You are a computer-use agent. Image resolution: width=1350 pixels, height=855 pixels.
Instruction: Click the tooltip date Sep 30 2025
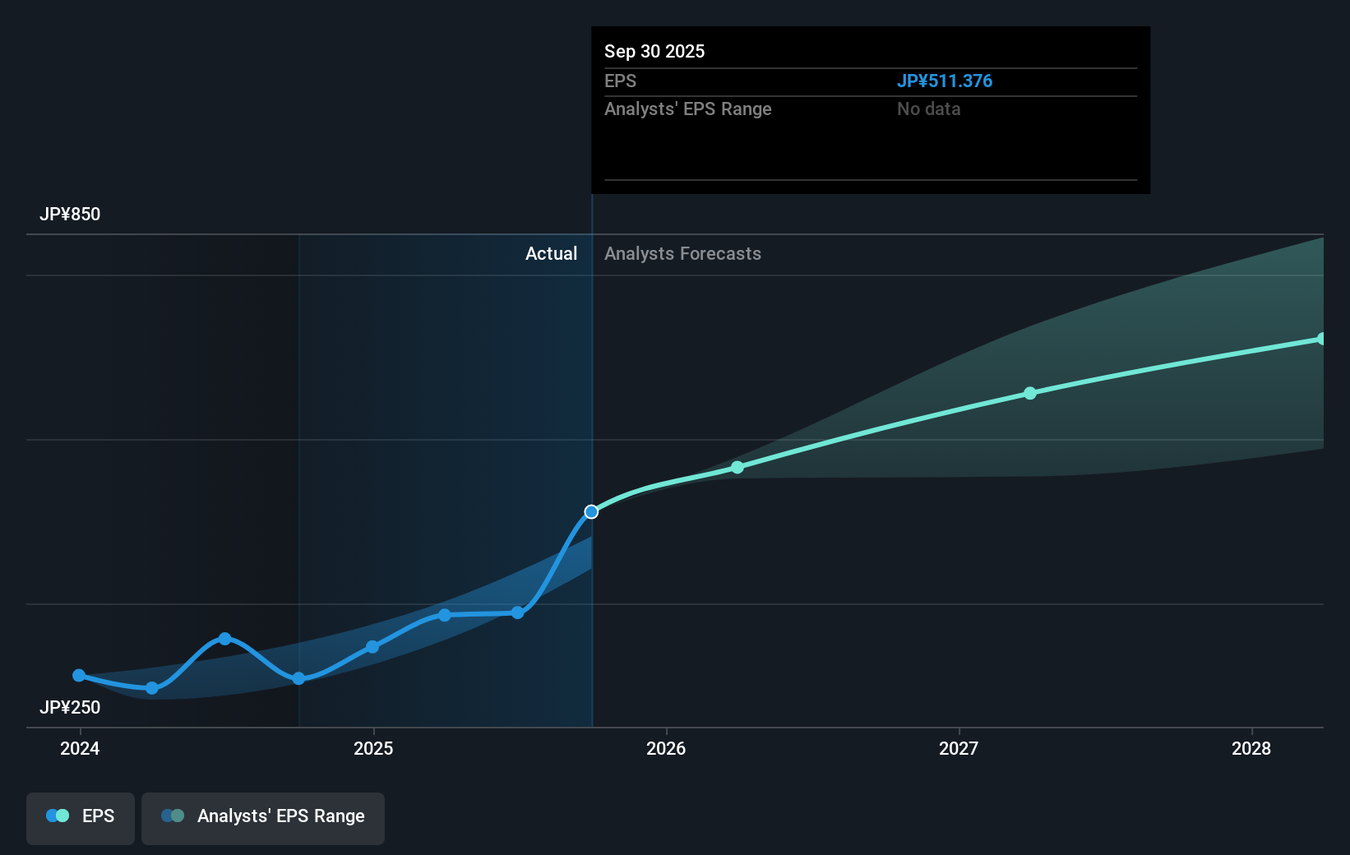[x=654, y=51]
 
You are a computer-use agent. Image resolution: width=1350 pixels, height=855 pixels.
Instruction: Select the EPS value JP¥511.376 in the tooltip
[x=944, y=81]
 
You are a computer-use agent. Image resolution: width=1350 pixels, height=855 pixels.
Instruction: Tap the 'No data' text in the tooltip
[x=928, y=109]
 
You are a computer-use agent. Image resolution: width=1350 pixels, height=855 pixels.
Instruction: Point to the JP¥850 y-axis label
[x=70, y=214]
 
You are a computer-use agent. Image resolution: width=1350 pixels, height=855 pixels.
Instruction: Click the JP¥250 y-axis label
[x=70, y=707]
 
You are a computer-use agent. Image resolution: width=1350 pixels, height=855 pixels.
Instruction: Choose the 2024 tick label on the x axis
[x=80, y=748]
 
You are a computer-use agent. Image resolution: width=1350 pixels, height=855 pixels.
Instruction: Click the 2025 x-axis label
[x=373, y=748]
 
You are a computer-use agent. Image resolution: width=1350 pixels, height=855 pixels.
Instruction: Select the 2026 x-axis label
[x=666, y=748]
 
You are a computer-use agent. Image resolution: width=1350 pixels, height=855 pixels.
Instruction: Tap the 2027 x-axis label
[x=959, y=748]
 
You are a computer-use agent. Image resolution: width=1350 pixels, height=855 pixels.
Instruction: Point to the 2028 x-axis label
[x=1251, y=748]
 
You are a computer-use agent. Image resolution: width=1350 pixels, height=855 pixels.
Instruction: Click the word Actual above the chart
[x=551, y=253]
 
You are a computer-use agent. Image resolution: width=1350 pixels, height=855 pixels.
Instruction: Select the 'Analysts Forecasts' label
[x=682, y=253]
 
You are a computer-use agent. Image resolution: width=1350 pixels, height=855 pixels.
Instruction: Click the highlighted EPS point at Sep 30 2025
[x=591, y=512]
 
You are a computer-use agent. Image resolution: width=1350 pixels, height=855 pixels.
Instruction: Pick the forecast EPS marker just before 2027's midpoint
[x=1030, y=393]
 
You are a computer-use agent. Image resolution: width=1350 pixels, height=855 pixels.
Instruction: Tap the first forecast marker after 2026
[x=737, y=467]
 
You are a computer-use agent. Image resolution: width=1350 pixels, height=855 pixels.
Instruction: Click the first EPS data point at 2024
[x=79, y=676]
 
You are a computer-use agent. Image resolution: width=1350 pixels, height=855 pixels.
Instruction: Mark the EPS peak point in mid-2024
[x=224, y=639]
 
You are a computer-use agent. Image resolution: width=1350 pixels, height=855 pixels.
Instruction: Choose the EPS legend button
[x=81, y=817]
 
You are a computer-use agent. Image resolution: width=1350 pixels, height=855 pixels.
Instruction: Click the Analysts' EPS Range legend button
[x=263, y=817]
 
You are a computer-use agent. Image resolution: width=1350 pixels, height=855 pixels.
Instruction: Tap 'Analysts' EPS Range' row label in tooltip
[x=687, y=109]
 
